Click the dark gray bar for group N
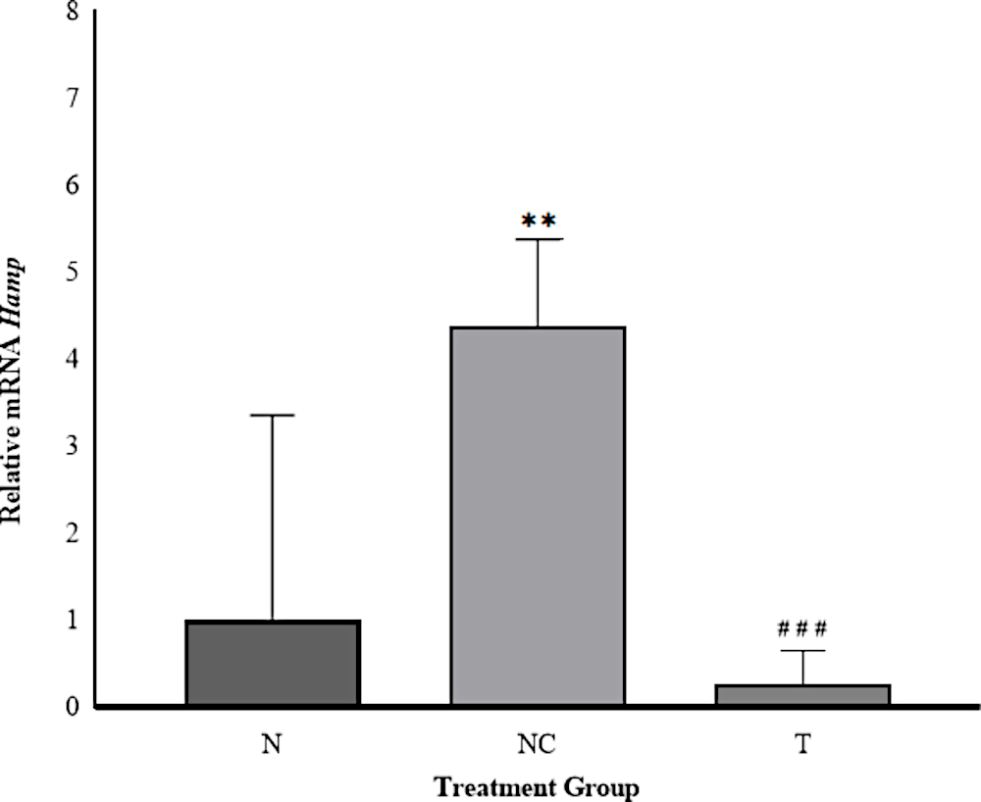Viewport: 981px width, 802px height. coord(273,663)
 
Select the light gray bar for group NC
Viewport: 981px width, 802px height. coord(538,516)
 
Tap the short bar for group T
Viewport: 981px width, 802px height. coord(802,694)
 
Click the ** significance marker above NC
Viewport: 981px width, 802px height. coord(538,222)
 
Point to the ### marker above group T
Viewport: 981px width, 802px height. coord(802,627)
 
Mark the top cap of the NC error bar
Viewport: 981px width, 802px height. coord(538,239)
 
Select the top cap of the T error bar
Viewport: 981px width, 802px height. coord(802,651)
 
